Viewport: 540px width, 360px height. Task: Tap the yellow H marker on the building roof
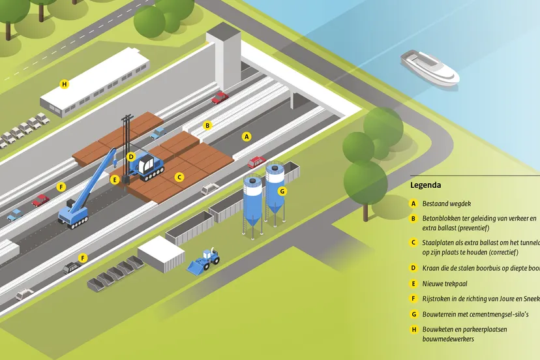point(64,84)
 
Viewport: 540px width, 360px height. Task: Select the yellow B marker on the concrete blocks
point(207,125)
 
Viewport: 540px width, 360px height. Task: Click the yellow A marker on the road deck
point(246,137)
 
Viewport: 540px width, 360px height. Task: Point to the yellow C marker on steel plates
point(180,177)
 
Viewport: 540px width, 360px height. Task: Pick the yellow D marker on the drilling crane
point(131,157)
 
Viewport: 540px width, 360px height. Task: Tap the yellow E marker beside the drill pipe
point(115,179)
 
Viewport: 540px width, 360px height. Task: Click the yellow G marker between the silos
point(282,191)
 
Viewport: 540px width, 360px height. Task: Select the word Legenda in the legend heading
point(425,185)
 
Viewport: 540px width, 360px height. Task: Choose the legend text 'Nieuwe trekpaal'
point(445,284)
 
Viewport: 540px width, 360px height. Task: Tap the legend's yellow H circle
point(413,330)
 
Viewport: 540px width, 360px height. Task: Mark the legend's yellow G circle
point(413,314)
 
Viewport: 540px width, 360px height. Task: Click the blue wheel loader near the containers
point(204,261)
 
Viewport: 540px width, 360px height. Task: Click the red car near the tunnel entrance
point(220,98)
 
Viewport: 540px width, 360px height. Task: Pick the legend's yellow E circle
point(413,284)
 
